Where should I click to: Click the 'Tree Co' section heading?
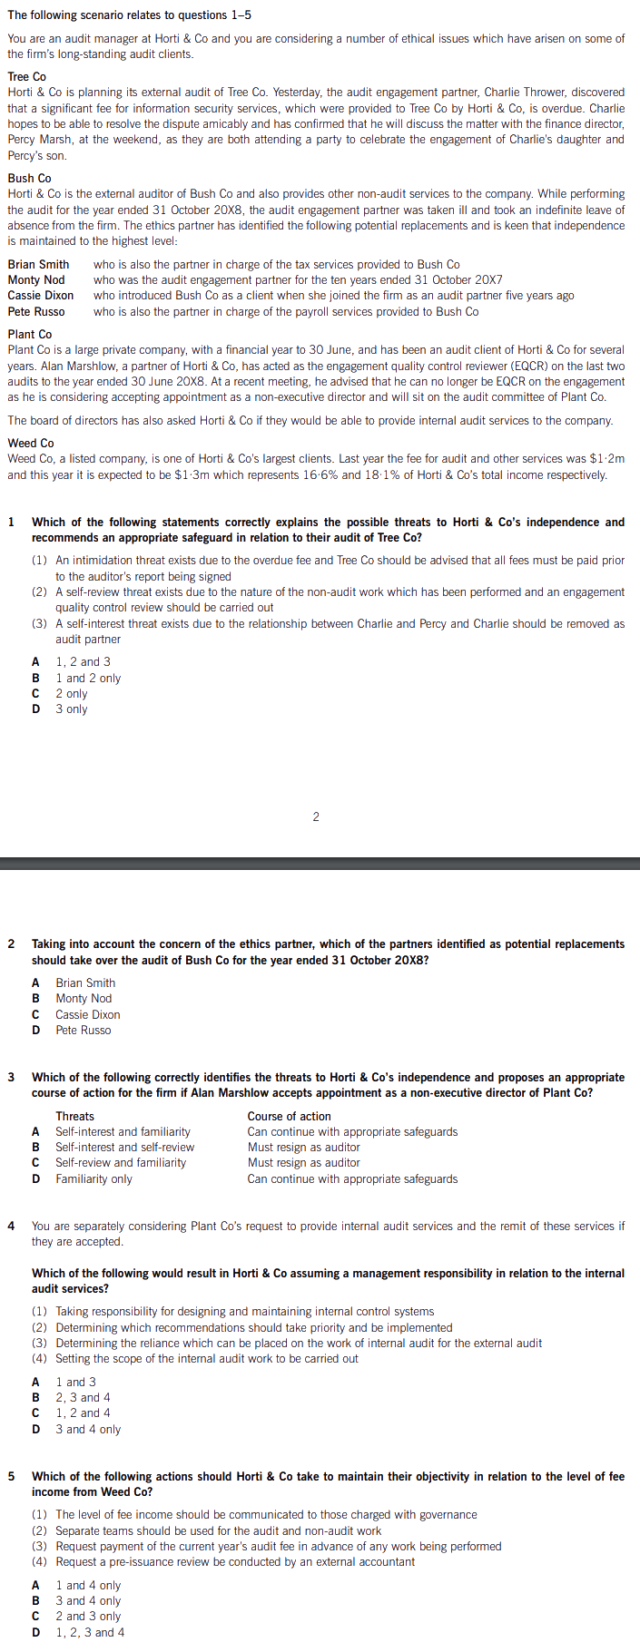[26, 77]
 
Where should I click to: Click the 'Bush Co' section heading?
[29, 179]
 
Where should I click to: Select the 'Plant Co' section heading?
[29, 335]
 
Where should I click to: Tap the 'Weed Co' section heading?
[30, 444]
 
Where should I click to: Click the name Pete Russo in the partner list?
[36, 312]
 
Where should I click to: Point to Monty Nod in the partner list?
[36, 280]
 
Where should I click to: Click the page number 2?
[316, 817]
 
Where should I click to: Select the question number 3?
[11, 1078]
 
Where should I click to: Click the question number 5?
[11, 1477]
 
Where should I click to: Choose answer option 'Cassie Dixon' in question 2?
[87, 1015]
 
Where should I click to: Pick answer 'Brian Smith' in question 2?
[85, 983]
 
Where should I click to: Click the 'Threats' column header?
[74, 1117]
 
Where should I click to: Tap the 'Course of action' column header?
[289, 1117]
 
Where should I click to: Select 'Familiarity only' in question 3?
[94, 1179]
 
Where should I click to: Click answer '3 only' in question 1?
[72, 709]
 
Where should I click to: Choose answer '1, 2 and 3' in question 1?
[83, 662]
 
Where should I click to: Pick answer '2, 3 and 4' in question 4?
[83, 1398]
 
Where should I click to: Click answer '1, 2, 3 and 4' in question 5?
[90, 1633]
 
